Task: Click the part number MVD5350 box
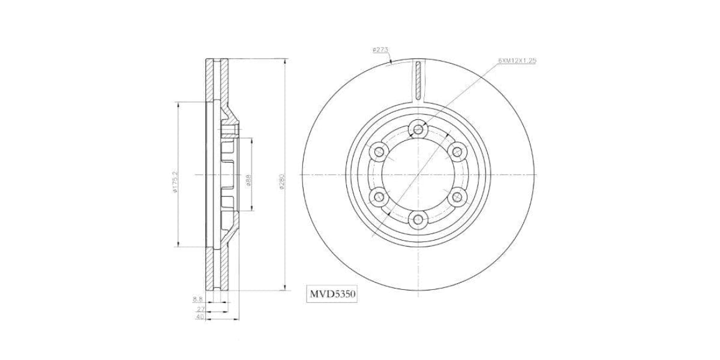pyautogui.click(x=332, y=295)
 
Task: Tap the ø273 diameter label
pyautogui.click(x=380, y=50)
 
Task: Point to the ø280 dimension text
pyautogui.click(x=281, y=182)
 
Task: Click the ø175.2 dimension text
pyautogui.click(x=175, y=182)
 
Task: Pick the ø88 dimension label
pyautogui.click(x=248, y=180)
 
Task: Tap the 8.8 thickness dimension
pyautogui.click(x=198, y=298)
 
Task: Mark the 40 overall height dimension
pyautogui.click(x=200, y=317)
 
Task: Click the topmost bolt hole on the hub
pyautogui.click(x=418, y=128)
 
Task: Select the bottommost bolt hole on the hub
pyautogui.click(x=418, y=220)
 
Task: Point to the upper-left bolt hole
pyautogui.click(x=378, y=151)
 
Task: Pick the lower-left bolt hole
pyautogui.click(x=378, y=197)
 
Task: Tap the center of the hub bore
pyautogui.click(x=418, y=175)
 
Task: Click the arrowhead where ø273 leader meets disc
pyautogui.click(x=391, y=62)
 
